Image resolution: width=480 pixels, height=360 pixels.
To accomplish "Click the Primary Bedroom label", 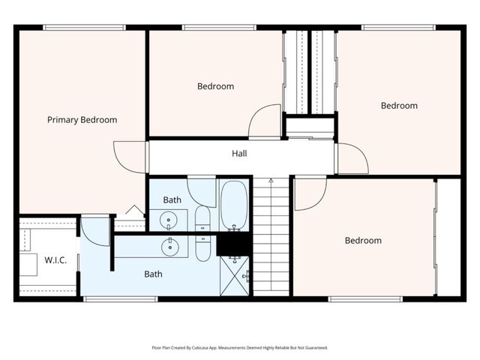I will click(x=82, y=119).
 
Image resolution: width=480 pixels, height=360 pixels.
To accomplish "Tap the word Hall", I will click(x=239, y=154).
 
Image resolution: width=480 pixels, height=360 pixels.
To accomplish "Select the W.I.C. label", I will click(x=55, y=261).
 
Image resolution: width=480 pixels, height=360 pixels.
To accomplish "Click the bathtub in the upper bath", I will click(x=233, y=205).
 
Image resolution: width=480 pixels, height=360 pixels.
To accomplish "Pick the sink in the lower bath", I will click(x=171, y=244).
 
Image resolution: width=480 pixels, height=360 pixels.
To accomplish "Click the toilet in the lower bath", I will click(x=203, y=247).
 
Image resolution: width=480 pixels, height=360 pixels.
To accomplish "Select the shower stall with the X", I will click(x=234, y=277).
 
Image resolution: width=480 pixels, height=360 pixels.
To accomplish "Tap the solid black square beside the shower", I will click(x=232, y=244).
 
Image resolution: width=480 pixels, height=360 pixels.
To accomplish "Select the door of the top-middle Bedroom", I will click(x=264, y=121).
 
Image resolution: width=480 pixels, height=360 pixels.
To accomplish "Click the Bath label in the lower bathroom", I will click(x=153, y=274).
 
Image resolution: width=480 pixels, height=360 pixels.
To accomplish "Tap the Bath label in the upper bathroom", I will click(x=172, y=199).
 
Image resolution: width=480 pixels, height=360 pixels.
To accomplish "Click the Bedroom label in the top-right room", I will click(x=399, y=106).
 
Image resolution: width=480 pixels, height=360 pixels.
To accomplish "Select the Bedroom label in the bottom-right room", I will click(x=363, y=241).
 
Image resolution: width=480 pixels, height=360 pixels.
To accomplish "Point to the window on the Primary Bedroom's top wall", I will click(x=83, y=28).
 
